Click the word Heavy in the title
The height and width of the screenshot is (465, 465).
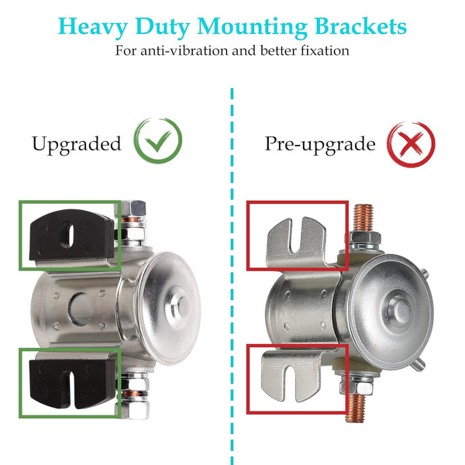pos(92,27)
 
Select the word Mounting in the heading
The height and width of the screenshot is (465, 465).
pos(252,27)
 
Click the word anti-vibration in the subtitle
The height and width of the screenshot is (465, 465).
pos(184,50)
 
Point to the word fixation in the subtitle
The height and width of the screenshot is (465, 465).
pos(325,50)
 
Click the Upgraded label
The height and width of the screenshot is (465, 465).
pos(77,144)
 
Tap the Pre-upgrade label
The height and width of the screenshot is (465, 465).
pos(320,144)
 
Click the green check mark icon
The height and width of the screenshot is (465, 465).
pos(158,141)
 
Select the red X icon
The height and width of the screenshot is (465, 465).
pos(411,144)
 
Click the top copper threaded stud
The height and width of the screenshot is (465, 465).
pos(363,217)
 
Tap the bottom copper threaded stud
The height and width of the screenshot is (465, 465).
pos(355,408)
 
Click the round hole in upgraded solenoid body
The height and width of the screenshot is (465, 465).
pos(80,308)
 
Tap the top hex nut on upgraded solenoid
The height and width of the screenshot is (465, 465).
pos(133,208)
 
